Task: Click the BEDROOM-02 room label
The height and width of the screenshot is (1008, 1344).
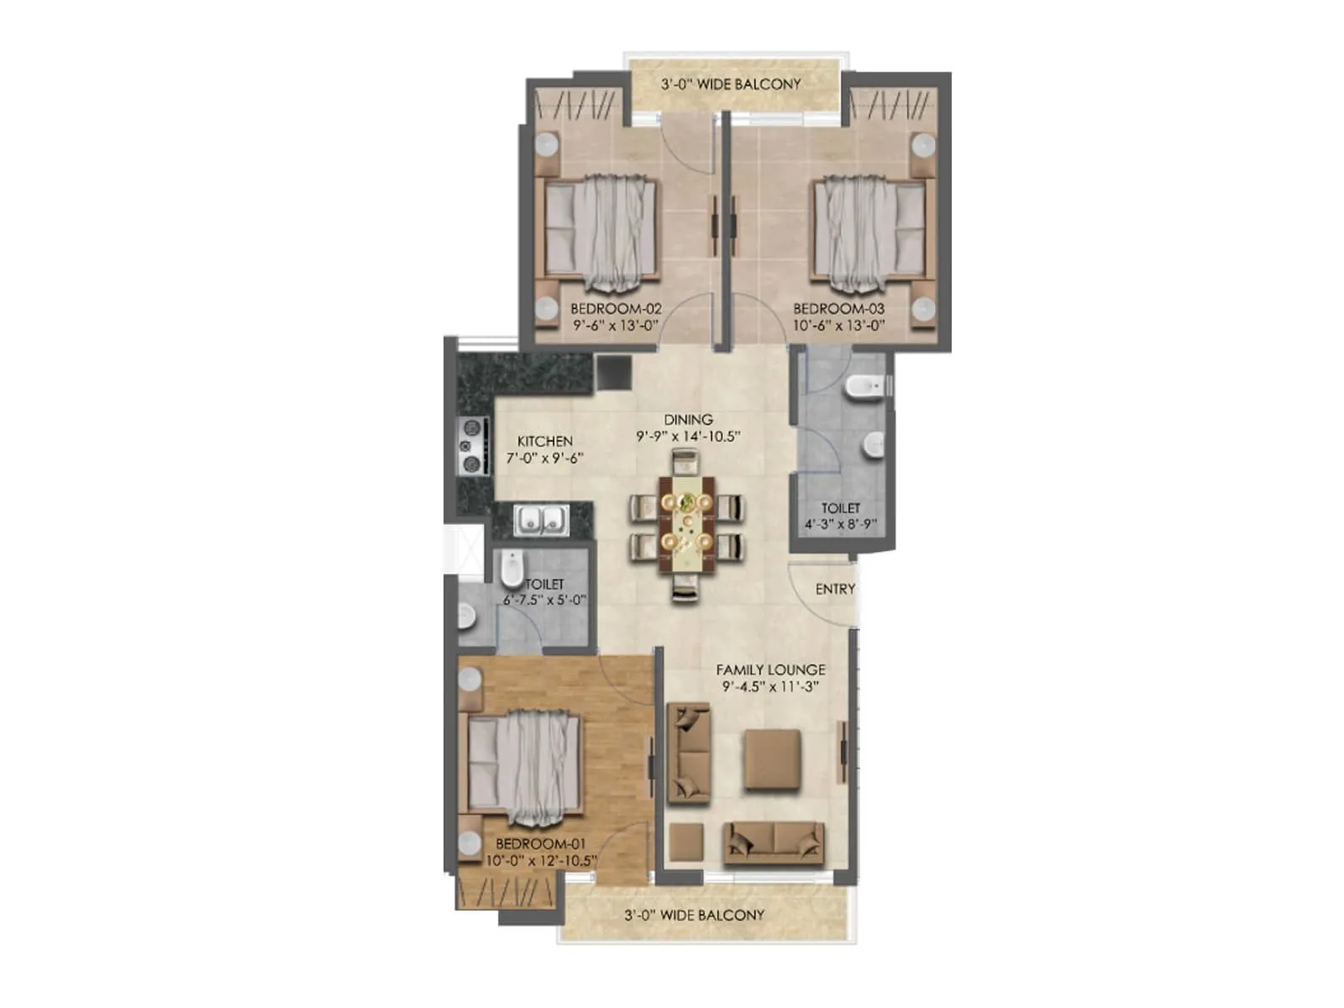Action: [616, 309]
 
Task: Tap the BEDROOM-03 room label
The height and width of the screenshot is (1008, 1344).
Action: [838, 309]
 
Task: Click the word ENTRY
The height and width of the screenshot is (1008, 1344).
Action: [835, 589]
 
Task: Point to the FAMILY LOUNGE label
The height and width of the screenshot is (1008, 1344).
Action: [770, 669]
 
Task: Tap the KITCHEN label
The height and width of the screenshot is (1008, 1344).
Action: [545, 441]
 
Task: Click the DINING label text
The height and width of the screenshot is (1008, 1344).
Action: [688, 419]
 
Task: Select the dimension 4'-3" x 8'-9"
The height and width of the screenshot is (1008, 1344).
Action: [841, 524]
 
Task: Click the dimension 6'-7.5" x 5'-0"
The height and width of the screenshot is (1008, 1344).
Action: [544, 601]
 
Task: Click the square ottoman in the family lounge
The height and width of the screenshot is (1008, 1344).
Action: [772, 759]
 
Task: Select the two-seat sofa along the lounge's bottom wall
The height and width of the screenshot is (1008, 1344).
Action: [774, 843]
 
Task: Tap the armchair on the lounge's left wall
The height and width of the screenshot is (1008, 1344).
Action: [689, 753]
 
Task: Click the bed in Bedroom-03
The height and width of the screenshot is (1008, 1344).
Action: [871, 233]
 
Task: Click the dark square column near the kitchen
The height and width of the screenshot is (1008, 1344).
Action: [613, 372]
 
